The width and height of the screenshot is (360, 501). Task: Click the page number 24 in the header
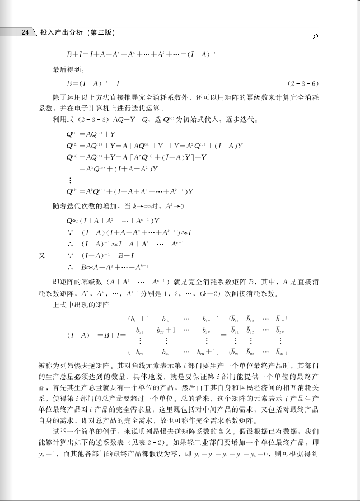click(25, 32)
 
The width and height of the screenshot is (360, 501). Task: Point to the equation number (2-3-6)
click(303, 84)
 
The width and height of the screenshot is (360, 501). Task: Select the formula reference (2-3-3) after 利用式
click(92, 120)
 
